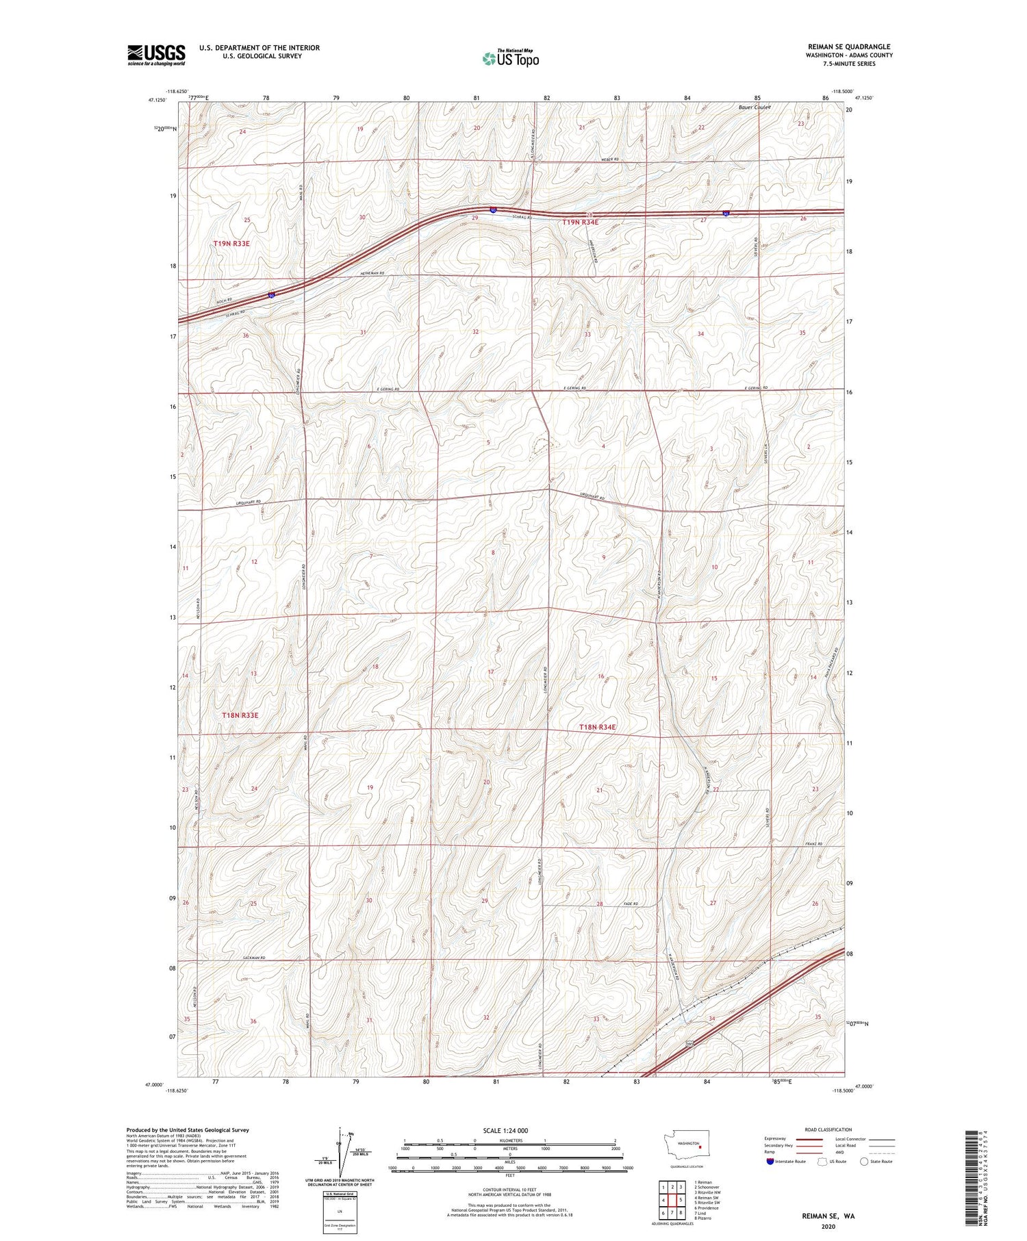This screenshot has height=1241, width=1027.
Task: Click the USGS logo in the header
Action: pyautogui.click(x=156, y=55)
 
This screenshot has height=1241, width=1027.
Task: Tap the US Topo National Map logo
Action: pyautogui.click(x=511, y=58)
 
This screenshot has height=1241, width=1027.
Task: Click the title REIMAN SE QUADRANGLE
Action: pyautogui.click(x=849, y=47)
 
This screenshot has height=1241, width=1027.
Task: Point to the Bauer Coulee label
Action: pyautogui.click(x=755, y=107)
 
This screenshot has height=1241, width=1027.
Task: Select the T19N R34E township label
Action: pyautogui.click(x=580, y=222)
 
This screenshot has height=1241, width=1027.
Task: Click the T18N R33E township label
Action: pyautogui.click(x=240, y=715)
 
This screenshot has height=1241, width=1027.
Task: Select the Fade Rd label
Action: pyautogui.click(x=631, y=904)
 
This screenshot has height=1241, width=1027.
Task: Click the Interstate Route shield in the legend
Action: pyautogui.click(x=770, y=1162)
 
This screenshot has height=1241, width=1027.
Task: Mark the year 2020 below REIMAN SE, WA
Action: pyautogui.click(x=828, y=1227)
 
